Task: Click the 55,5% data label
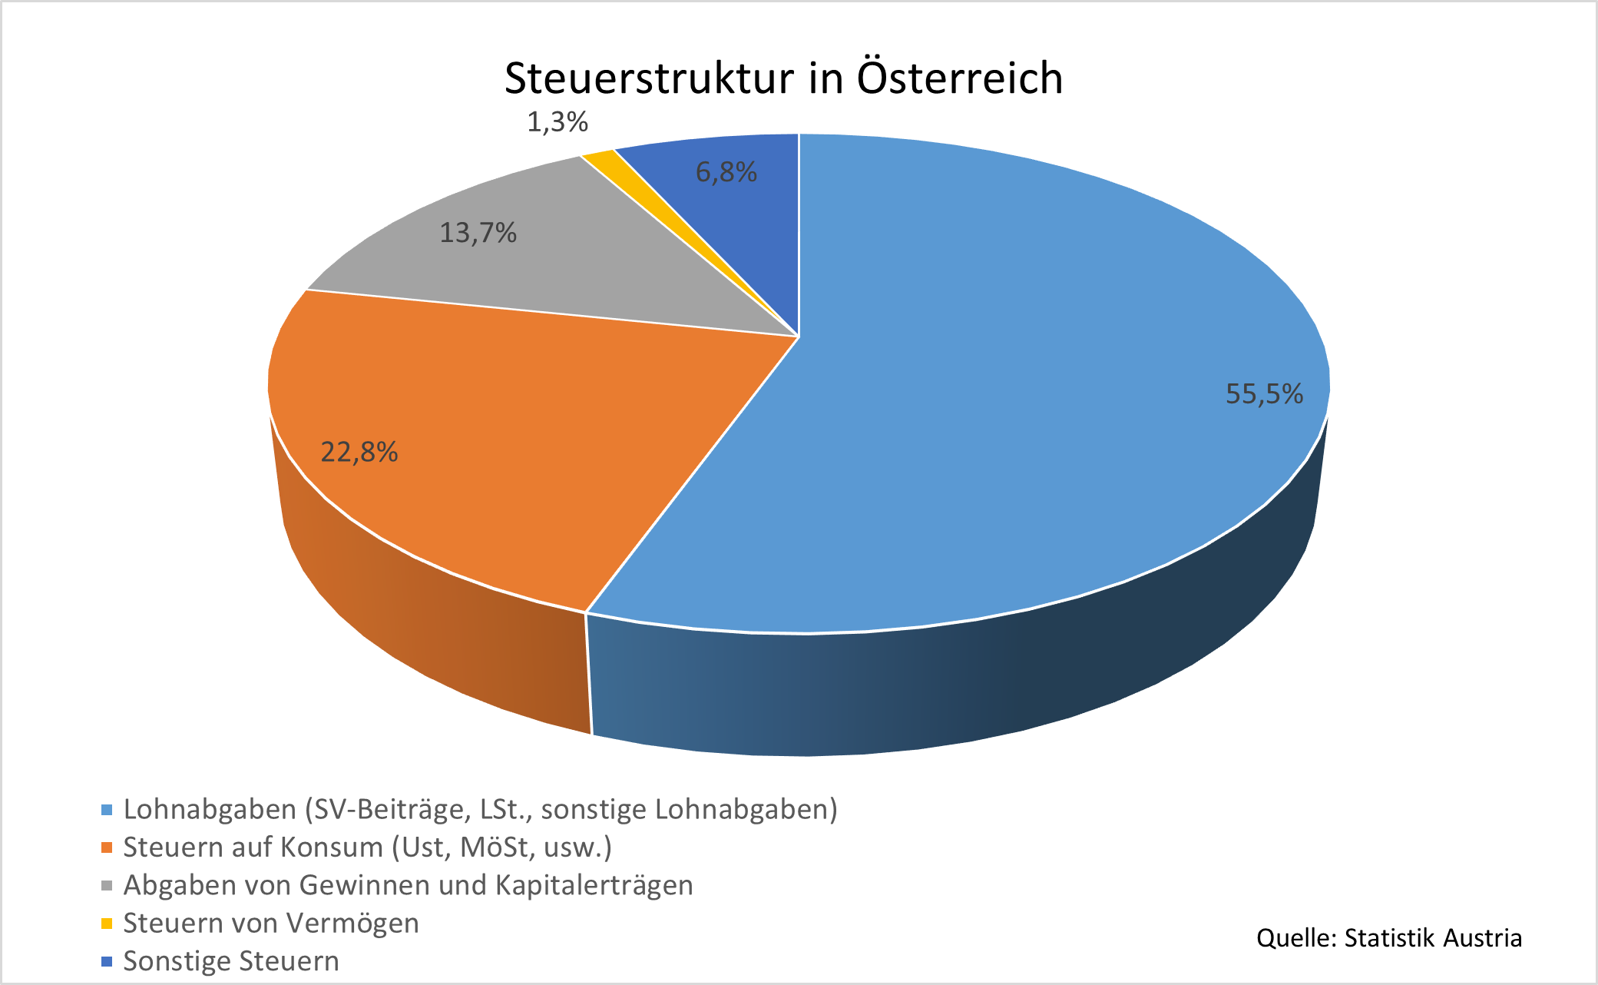pos(1264,394)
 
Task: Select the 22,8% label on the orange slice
pos(359,453)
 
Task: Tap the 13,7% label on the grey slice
pos(478,233)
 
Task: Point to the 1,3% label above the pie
pos(557,122)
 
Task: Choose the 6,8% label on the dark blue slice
pos(726,172)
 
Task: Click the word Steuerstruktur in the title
pos(649,78)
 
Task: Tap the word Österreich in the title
pos(960,78)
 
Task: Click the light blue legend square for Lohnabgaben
pos(107,810)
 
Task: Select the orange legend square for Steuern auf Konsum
pos(107,847)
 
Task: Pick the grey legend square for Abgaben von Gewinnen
pos(107,886)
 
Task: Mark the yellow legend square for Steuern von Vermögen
pos(107,924)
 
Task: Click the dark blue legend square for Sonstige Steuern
pos(107,961)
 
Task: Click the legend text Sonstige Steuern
pos(231,961)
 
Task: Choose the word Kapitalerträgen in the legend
pos(594,886)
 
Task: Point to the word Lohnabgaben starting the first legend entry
pos(210,810)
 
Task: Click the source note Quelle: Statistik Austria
pos(1388,938)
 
